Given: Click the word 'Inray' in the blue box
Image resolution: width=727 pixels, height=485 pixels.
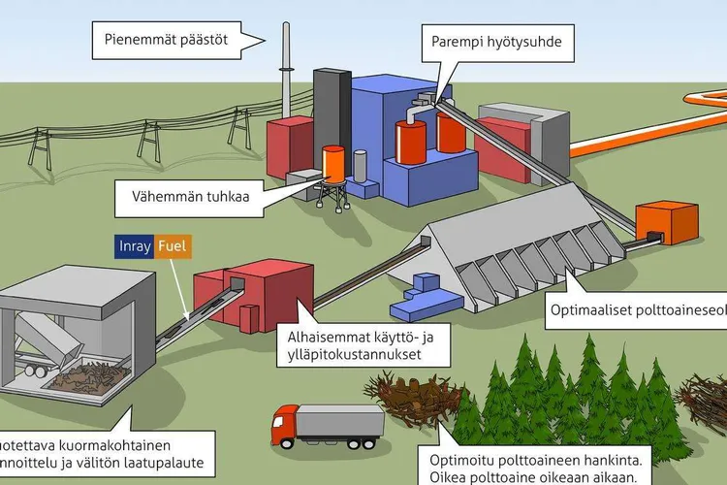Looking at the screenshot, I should tap(135, 246).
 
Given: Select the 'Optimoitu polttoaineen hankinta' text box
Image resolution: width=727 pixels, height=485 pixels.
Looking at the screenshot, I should tap(527, 464).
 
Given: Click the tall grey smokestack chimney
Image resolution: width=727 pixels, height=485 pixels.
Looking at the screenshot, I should tap(287, 68).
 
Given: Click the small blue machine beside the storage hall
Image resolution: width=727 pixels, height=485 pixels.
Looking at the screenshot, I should tap(417, 296).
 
